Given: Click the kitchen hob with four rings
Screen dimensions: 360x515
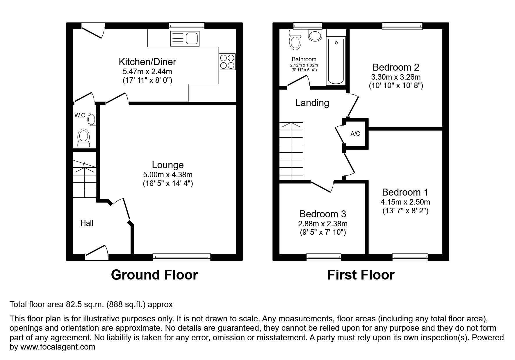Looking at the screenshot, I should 227,62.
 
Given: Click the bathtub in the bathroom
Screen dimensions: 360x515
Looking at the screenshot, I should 336,61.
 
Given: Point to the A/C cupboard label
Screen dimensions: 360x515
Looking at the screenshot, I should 355,134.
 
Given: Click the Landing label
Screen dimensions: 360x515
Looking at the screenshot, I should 312,103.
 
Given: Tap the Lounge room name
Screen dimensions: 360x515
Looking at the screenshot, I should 168,165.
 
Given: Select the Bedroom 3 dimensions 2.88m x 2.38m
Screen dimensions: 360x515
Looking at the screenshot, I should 323,224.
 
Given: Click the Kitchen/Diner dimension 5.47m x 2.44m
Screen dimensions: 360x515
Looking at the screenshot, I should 147,71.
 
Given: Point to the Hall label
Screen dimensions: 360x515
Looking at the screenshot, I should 87,223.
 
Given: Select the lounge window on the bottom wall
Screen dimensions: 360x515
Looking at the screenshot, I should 181,257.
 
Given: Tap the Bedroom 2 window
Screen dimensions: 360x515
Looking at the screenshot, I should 402,26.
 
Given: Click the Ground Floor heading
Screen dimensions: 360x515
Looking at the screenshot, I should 154,275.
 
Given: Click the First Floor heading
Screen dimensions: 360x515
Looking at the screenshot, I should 361,275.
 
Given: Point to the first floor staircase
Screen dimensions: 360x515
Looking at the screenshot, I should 291,151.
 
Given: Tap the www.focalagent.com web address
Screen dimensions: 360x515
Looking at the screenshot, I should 57,347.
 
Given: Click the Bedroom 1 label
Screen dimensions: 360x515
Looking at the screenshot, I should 405,192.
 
